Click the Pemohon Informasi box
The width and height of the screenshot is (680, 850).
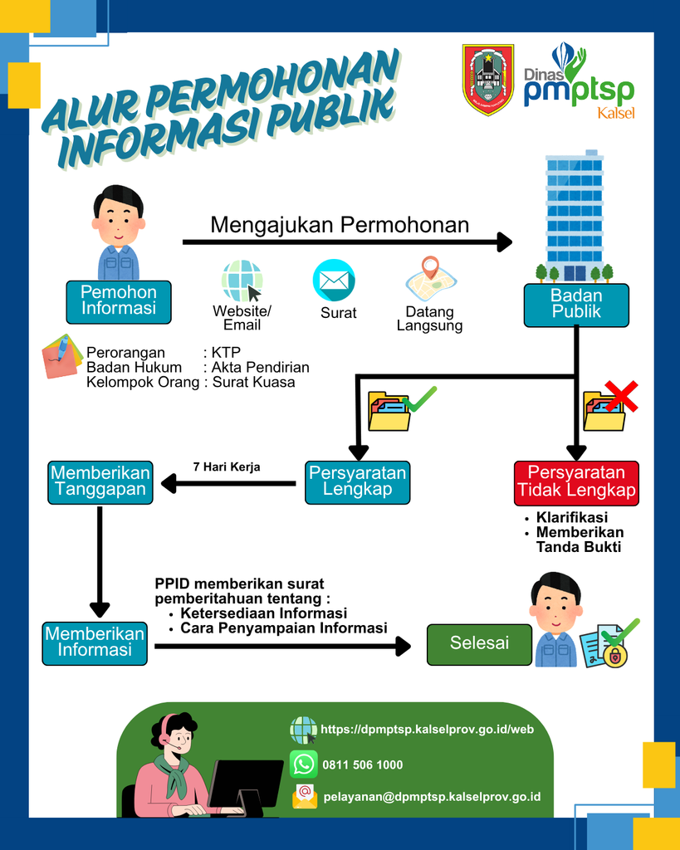[x=119, y=302]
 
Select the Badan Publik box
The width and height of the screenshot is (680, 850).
[x=576, y=305]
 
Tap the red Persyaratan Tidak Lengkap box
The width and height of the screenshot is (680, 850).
[x=576, y=483]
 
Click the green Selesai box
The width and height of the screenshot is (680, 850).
[x=479, y=644]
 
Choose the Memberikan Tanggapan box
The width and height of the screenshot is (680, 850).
[x=100, y=482]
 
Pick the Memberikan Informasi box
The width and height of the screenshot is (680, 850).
[x=95, y=643]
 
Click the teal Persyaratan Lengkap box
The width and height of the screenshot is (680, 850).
[x=357, y=482]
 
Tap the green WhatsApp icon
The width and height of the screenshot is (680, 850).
[x=304, y=765]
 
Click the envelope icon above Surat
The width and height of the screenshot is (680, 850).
[x=334, y=281]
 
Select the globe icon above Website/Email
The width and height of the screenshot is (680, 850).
[x=242, y=281]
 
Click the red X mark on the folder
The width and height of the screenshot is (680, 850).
[x=621, y=396]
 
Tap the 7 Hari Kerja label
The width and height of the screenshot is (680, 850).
[x=227, y=467]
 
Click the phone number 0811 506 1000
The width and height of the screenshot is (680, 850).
[x=363, y=765]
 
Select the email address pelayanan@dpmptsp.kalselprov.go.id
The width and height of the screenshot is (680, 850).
[x=433, y=796]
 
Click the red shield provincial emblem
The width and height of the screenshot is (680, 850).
[x=488, y=79]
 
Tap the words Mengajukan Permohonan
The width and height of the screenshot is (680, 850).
[x=340, y=225]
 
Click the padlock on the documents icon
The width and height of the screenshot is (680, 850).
[x=615, y=657]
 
